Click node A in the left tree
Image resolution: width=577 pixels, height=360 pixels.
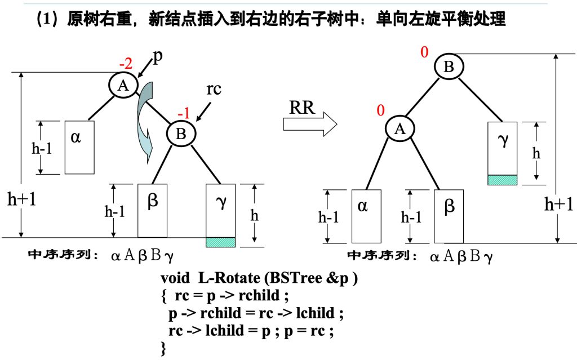tap(123, 85)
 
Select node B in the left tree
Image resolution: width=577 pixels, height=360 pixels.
tap(181, 134)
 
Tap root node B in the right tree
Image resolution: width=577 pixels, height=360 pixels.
tap(449, 67)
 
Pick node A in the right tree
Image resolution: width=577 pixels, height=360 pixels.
tap(400, 129)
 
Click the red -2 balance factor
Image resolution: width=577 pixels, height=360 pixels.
tap(126, 64)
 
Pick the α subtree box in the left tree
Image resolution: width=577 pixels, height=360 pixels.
tap(79, 147)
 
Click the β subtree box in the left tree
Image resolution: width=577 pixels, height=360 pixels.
tap(152, 210)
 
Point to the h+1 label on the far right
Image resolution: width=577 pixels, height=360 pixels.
tap(558, 204)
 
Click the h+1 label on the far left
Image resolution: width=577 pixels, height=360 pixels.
tap(21, 198)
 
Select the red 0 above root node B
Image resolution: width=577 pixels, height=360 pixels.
tap(424, 52)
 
